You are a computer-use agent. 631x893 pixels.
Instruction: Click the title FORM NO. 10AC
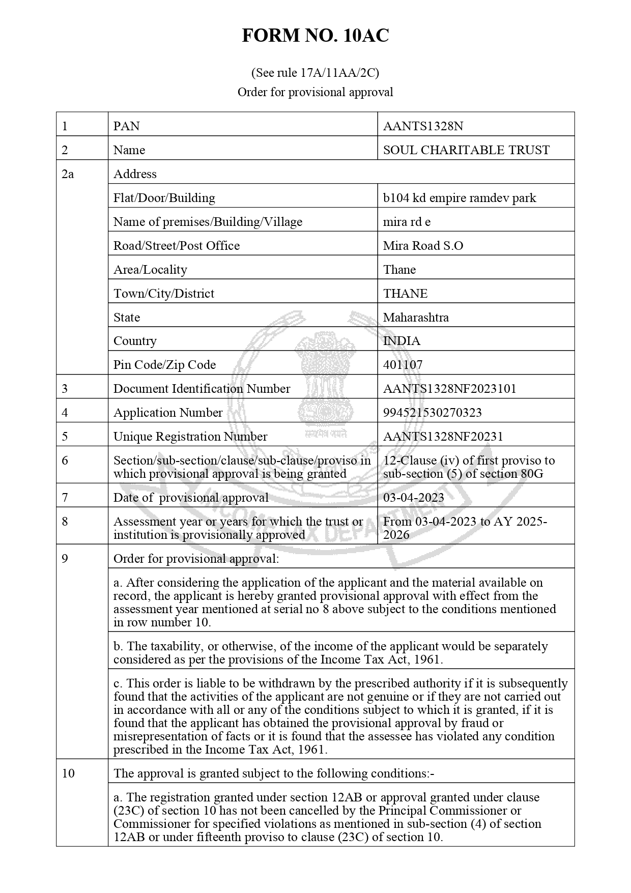(315, 36)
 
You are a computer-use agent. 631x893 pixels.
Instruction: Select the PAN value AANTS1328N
(423, 126)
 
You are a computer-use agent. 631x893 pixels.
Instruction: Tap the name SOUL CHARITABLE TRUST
(466, 150)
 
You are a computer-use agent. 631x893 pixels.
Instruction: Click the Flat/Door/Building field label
(164, 198)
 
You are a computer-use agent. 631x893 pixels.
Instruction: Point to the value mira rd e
(407, 222)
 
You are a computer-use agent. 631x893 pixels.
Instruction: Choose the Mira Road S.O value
(423, 246)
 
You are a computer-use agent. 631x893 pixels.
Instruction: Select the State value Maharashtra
(416, 318)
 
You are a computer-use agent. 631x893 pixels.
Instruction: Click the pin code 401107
(403, 365)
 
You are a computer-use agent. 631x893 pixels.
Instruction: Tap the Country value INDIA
(401, 341)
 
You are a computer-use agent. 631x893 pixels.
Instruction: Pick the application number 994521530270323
(432, 413)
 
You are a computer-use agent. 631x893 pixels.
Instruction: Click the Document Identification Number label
(202, 389)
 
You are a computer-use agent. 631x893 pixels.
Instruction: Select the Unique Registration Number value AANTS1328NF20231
(443, 437)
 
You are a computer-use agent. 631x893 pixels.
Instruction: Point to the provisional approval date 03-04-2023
(413, 498)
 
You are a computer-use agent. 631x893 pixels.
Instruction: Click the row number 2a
(68, 174)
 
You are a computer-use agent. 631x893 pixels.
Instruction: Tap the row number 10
(68, 773)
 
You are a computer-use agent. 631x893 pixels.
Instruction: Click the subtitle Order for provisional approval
(315, 92)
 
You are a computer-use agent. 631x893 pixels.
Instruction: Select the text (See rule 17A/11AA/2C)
(315, 73)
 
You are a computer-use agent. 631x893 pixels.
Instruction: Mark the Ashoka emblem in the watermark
(325, 382)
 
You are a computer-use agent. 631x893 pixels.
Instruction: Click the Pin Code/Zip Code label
(164, 365)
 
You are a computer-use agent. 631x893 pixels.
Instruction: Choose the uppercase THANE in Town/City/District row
(405, 294)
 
